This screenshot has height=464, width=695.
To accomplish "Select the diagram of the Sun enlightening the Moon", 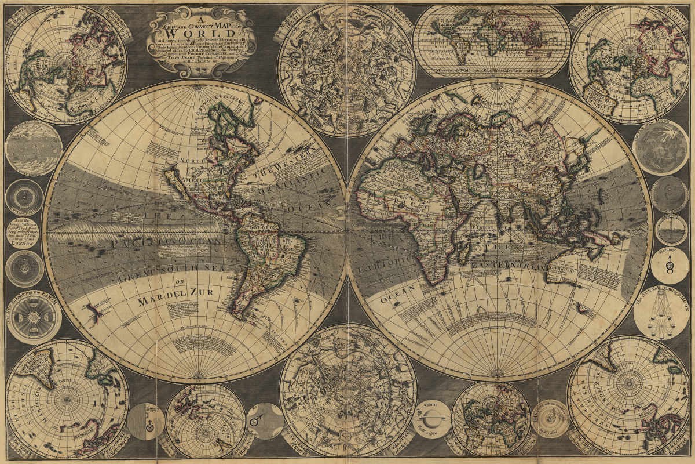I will (661, 314).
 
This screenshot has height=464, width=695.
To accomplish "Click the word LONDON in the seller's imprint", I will (24, 245).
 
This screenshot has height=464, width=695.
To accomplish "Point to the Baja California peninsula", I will (174, 177).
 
